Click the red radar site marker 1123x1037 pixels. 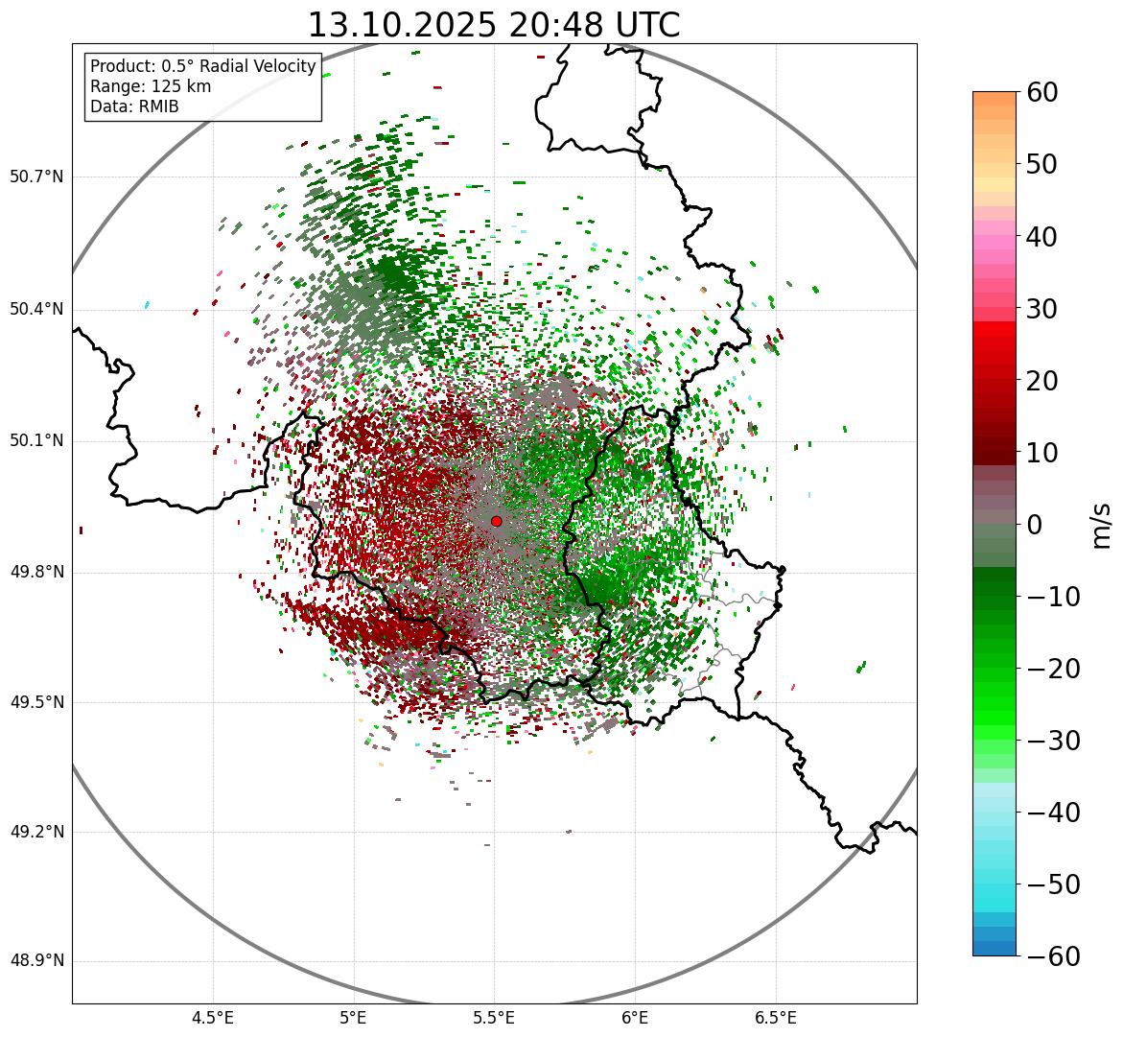tap(496, 521)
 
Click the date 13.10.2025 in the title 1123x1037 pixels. tap(402, 25)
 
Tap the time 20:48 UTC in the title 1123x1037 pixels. tap(594, 25)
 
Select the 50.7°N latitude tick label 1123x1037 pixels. tap(36, 177)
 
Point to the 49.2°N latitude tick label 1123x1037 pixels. tap(36, 832)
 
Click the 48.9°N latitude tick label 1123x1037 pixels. tap(36, 961)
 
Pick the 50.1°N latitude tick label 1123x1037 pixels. tap(36, 441)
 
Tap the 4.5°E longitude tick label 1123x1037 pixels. tap(213, 1017)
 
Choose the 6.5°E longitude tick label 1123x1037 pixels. tap(775, 1017)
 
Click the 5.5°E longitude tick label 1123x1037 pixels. tap(494, 1017)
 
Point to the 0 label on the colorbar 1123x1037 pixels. tap(1035, 525)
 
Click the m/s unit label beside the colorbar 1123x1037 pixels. tap(1102, 525)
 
